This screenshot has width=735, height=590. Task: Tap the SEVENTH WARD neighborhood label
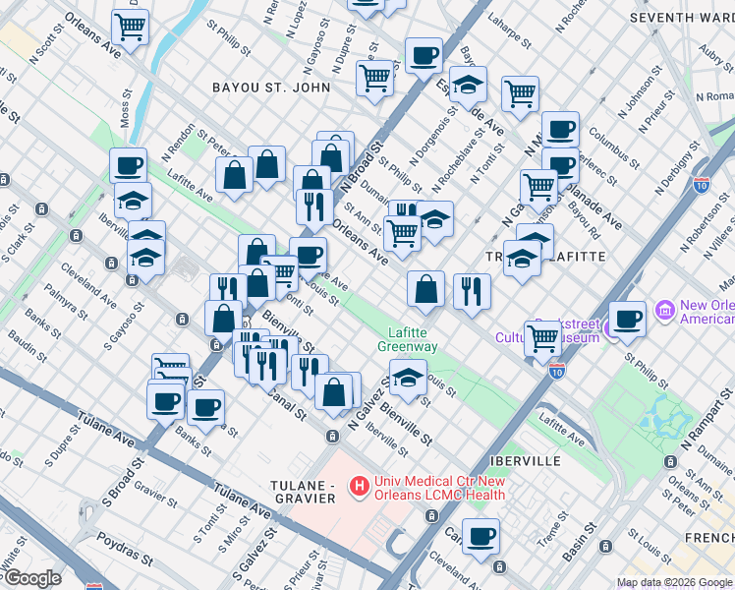680,19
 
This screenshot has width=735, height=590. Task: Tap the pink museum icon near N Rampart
665,312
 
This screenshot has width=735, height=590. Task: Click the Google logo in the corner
31,578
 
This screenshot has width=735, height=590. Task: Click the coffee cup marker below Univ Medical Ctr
481,537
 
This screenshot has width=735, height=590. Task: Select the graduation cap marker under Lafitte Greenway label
408,376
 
